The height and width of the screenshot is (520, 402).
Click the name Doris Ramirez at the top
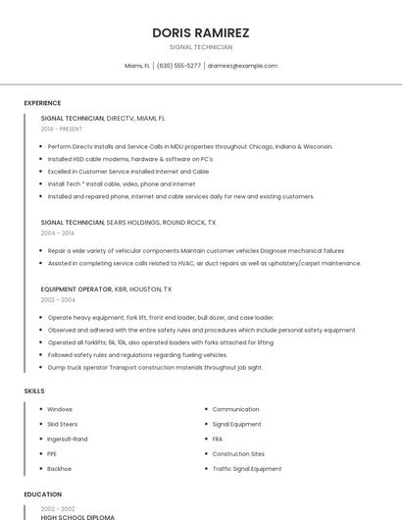[201, 32]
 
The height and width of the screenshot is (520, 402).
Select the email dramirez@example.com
[242, 66]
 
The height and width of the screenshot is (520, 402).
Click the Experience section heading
[42, 103]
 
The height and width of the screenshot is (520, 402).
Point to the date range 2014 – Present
[62, 129]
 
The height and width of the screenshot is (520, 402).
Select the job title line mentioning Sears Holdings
[128, 223]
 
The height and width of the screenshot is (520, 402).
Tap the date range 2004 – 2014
[57, 234]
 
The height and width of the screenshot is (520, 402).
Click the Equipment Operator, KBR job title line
[106, 289]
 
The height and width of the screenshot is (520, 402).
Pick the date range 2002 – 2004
[57, 300]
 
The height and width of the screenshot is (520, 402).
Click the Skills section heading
[34, 391]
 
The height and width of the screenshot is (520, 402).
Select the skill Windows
[60, 409]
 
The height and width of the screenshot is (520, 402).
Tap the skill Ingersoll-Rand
[68, 439]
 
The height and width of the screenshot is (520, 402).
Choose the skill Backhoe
[60, 469]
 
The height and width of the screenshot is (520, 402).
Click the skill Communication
[235, 409]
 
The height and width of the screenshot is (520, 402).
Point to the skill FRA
[218, 439]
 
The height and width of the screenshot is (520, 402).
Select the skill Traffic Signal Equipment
[247, 469]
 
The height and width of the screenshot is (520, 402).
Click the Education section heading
[42, 495]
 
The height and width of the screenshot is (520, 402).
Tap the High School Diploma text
[77, 516]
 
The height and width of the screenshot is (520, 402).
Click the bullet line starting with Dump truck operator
[155, 367]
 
